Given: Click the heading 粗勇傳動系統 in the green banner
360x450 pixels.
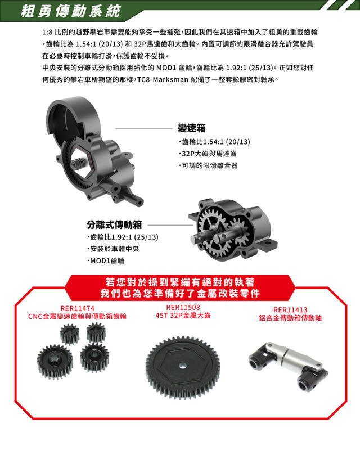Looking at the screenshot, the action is pyautogui.click(x=71, y=11).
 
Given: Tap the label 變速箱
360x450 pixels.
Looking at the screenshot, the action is pyautogui.click(x=191, y=128).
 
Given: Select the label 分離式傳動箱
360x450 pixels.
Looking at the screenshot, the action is pyautogui.click(x=114, y=224).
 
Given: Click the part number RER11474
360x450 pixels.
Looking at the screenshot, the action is pyautogui.click(x=77, y=308).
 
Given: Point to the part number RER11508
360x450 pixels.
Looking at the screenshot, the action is pyautogui.click(x=183, y=307).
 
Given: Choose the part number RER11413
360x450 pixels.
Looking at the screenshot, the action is pyautogui.click(x=290, y=310).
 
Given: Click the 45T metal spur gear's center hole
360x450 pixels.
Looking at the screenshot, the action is pyautogui.click(x=183, y=366).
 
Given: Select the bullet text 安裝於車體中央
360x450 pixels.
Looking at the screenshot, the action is pyautogui.click(x=113, y=249).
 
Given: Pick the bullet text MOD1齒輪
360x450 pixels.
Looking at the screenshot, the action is pyautogui.click(x=106, y=261).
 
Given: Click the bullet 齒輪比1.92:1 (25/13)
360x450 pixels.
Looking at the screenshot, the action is pyautogui.click(x=123, y=237).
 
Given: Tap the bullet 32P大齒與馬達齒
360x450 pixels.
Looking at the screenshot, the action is pyautogui.click(x=208, y=154).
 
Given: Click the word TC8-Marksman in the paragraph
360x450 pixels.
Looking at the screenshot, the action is pyautogui.click(x=163, y=79).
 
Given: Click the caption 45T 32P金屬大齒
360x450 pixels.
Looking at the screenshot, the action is pyautogui.click(x=183, y=316).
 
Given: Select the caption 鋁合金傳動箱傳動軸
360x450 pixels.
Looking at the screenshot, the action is pyautogui.click(x=290, y=318).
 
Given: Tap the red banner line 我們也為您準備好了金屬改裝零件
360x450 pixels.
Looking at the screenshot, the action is pyautogui.click(x=180, y=293).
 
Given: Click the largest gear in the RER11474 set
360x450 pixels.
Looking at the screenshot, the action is pyautogui.click(x=55, y=362).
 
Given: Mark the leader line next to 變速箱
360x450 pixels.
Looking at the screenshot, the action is pyautogui.click(x=143, y=129).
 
